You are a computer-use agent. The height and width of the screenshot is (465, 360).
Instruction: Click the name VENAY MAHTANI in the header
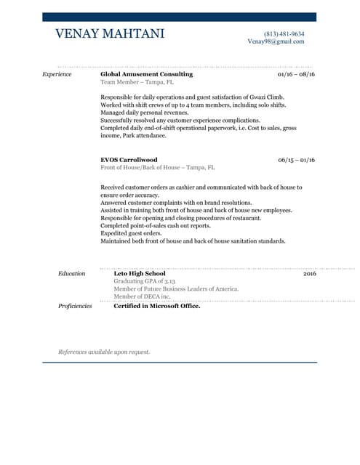click(x=110, y=34)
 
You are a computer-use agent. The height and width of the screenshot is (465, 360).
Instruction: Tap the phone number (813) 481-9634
click(x=284, y=34)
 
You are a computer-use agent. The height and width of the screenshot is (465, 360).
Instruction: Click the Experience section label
click(x=57, y=74)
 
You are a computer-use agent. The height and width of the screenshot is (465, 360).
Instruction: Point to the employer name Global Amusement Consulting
click(x=146, y=74)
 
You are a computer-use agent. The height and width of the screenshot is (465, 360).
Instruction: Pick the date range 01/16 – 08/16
click(x=296, y=74)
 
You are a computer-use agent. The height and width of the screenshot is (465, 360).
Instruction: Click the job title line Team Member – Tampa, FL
click(x=137, y=82)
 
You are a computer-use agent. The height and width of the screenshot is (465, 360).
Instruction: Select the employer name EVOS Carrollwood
click(x=129, y=160)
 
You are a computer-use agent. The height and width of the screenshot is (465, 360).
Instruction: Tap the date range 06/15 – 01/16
click(x=296, y=160)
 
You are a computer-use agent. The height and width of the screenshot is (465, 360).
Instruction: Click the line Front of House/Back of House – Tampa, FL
click(x=157, y=167)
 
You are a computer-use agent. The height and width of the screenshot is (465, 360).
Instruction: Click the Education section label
click(x=71, y=273)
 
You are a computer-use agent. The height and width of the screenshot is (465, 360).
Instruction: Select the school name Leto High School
click(x=140, y=273)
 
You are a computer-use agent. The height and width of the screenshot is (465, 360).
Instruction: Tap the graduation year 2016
click(x=309, y=273)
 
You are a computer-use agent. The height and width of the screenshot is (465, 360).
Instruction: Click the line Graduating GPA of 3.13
click(x=145, y=281)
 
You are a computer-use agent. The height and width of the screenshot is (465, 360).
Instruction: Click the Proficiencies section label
click(x=75, y=306)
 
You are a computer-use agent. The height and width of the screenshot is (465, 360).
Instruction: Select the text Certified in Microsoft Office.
click(x=156, y=306)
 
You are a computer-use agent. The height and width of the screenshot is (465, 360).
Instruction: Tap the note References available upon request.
click(x=104, y=352)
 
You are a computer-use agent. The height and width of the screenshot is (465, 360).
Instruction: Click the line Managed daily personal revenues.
click(x=144, y=113)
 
